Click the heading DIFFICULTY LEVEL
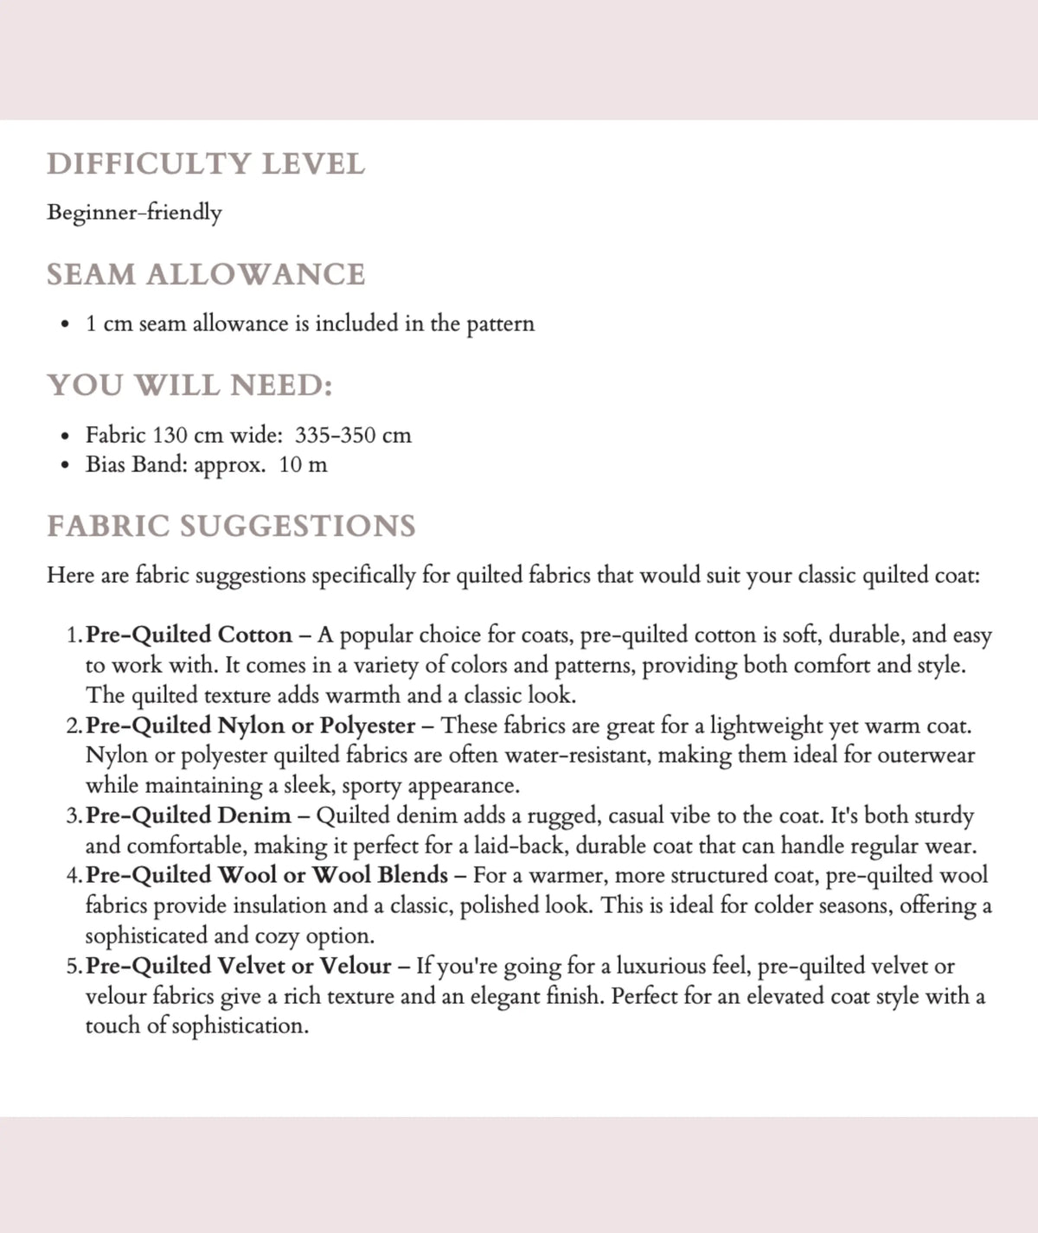[206, 163]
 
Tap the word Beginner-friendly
[134, 212]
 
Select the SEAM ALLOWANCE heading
[206, 274]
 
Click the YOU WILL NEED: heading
[189, 385]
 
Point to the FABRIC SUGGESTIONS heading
[231, 526]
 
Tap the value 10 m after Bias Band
[303, 464]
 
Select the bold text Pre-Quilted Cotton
[189, 635]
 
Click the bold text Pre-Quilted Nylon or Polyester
[251, 725]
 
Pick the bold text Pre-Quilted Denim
[189, 815]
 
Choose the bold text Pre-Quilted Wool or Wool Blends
[267, 875]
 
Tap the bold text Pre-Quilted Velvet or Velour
[239, 965]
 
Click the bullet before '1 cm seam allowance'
[65, 324]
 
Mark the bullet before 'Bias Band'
[65, 465]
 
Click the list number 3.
[73, 815]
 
